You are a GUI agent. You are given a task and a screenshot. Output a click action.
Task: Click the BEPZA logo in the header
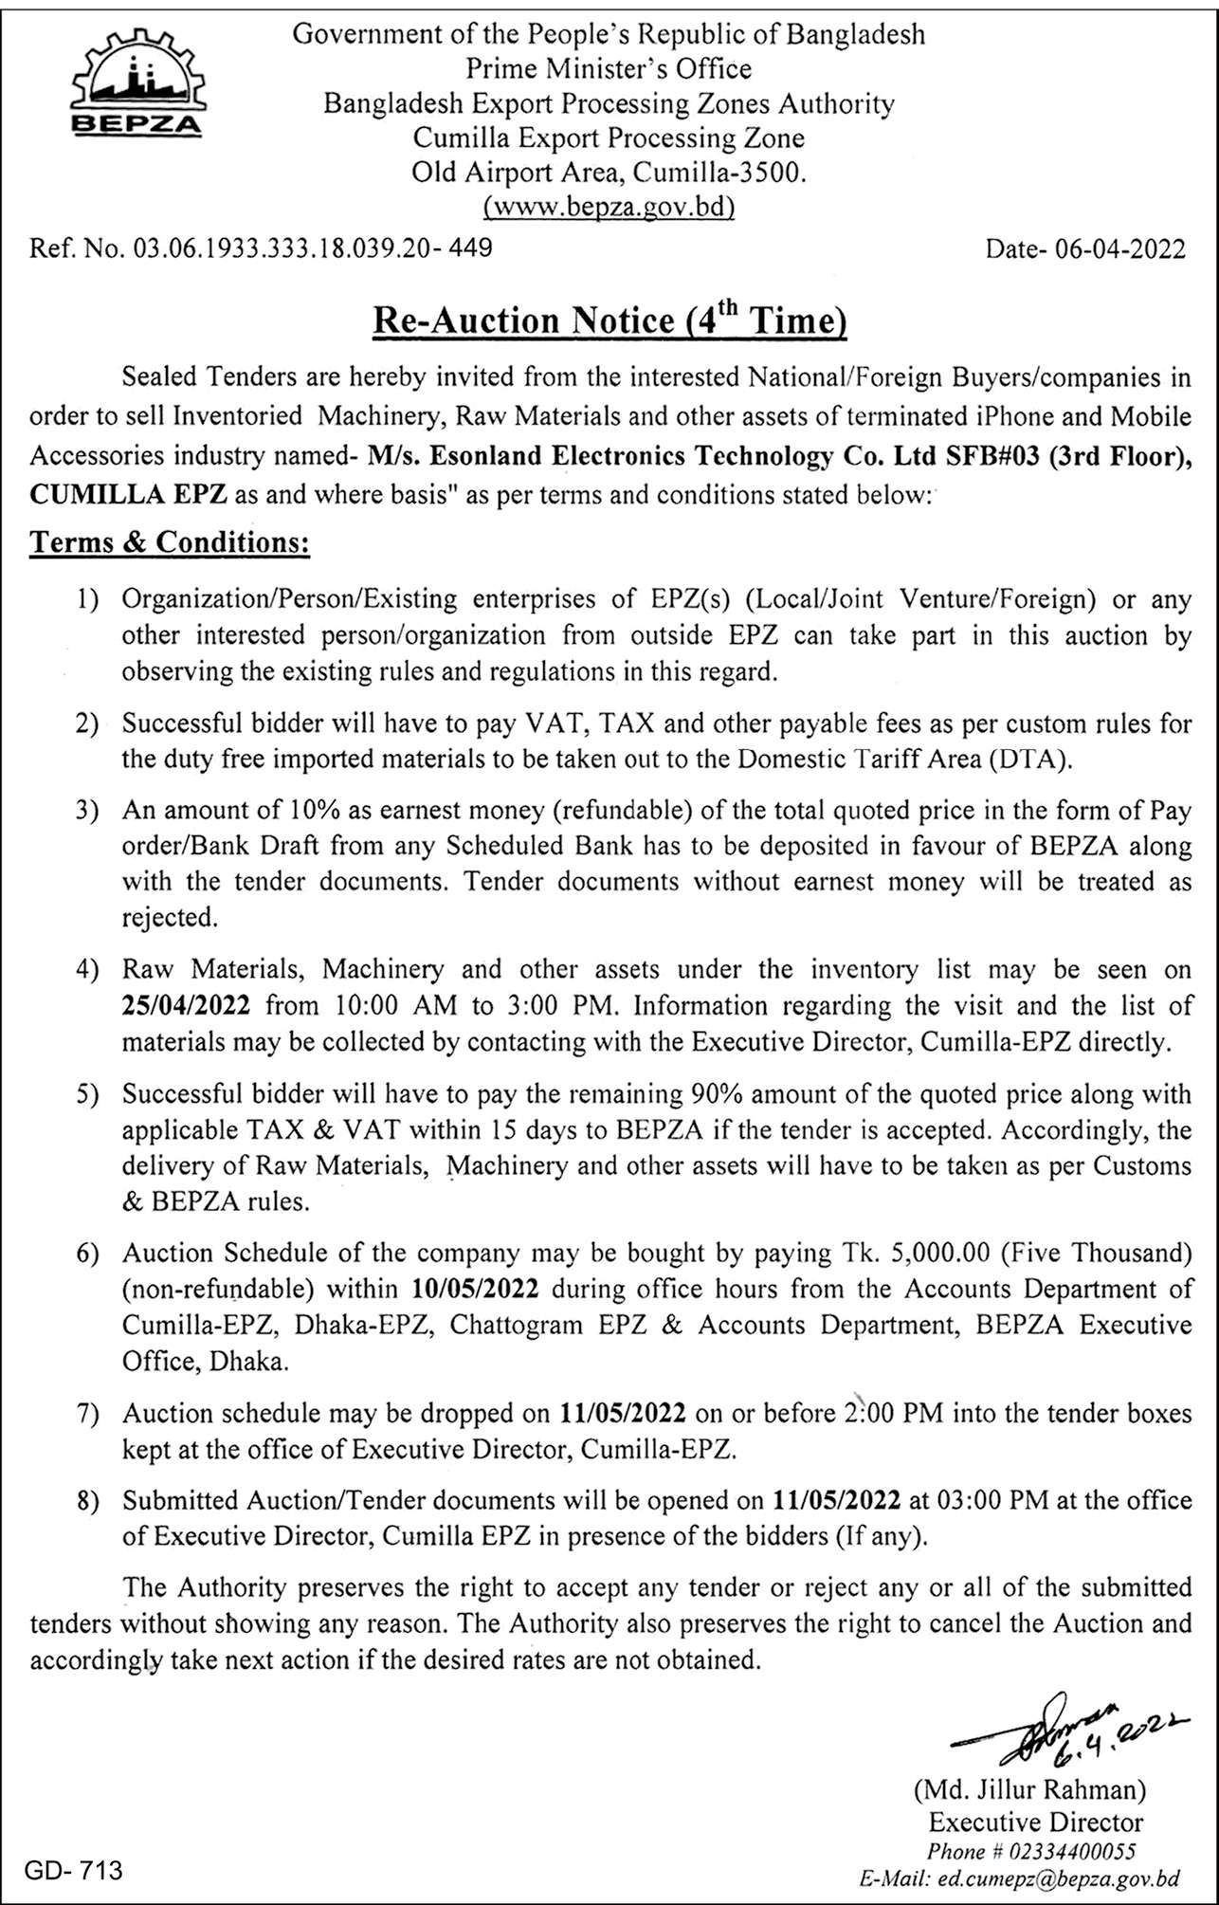point(137,85)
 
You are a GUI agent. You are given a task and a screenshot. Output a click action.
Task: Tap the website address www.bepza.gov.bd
point(609,206)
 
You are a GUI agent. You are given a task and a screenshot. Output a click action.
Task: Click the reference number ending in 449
point(261,248)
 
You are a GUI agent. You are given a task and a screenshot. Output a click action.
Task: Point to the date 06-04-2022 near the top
point(1085,248)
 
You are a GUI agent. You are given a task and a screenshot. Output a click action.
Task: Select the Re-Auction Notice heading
point(609,321)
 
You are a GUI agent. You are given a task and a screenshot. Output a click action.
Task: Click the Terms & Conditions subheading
point(170,542)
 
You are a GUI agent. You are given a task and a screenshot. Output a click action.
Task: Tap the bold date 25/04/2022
point(186,1005)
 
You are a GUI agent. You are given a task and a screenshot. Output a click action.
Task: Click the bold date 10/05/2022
point(476,1289)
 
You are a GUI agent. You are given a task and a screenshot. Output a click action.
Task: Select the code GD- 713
point(74,1870)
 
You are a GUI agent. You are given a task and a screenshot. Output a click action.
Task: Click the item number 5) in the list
point(88,1094)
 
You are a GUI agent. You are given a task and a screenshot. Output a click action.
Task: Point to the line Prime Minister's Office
point(609,69)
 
